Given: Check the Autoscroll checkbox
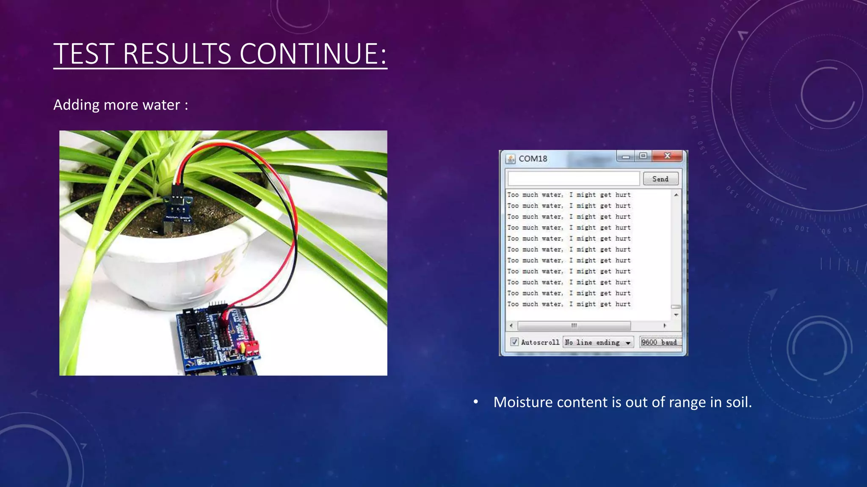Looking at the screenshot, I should click(514, 342).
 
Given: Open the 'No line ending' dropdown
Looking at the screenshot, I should click(598, 342).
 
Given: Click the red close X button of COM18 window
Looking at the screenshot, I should click(667, 156).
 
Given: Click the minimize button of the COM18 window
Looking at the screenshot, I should click(626, 157).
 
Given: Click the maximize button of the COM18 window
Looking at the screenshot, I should click(643, 156).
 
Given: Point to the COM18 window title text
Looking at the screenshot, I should click(533, 159).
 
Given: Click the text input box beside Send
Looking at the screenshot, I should click(573, 179).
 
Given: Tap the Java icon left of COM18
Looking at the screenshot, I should click(511, 159).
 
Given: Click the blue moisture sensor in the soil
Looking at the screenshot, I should click(179, 209).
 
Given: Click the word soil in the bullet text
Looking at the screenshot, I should click(738, 402).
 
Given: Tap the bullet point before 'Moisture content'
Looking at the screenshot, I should click(476, 402).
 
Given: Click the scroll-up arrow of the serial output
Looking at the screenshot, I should click(676, 195).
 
